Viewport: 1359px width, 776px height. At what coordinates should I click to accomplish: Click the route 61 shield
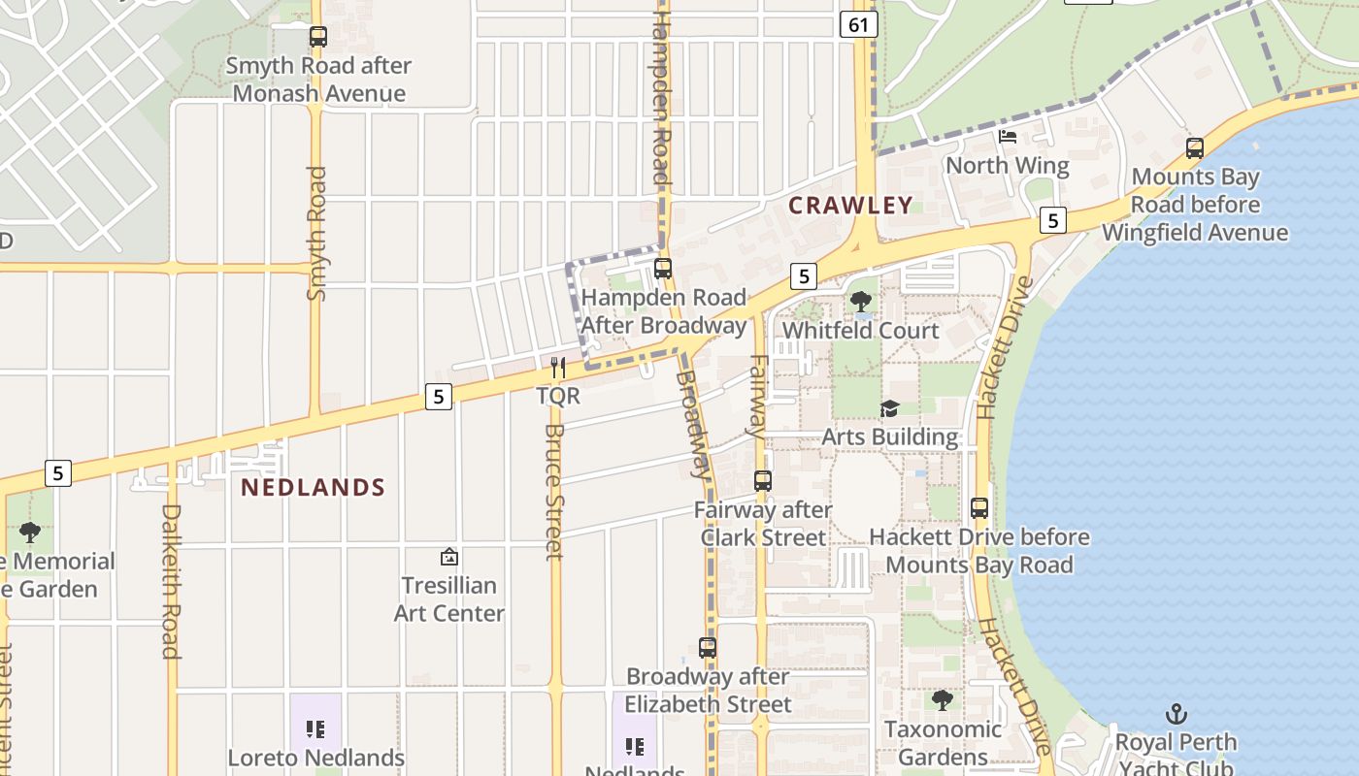(859, 24)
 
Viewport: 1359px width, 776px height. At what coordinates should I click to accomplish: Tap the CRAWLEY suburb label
(850, 205)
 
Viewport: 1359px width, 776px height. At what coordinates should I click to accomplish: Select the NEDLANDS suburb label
(313, 487)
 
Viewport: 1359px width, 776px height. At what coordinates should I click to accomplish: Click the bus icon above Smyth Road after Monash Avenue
(317, 37)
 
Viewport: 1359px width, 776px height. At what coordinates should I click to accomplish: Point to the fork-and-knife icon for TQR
(558, 367)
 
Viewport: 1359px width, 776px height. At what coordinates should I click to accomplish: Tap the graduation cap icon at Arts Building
(889, 408)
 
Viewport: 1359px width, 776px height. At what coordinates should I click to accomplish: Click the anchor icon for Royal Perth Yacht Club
(1176, 715)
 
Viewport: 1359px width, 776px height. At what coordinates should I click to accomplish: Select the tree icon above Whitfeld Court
(860, 302)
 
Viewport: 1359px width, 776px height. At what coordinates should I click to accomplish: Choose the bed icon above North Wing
(1008, 137)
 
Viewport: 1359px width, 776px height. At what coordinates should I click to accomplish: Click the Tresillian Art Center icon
(449, 557)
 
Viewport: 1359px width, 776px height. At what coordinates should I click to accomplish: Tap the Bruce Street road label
(554, 492)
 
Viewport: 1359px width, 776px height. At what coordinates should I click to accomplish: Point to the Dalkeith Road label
(171, 581)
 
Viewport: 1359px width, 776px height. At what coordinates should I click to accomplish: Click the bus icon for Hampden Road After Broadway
(663, 269)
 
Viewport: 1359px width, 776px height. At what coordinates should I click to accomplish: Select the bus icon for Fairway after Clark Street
(763, 480)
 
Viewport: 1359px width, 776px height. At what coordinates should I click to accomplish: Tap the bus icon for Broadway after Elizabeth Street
(708, 647)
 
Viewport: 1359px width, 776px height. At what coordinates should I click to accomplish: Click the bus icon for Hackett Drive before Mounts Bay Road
(979, 507)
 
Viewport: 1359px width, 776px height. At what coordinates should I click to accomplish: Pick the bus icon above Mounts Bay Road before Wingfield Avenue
(1195, 148)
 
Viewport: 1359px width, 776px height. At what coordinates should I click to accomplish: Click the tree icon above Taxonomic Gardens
(942, 699)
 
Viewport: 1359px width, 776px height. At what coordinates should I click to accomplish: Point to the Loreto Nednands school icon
(315, 728)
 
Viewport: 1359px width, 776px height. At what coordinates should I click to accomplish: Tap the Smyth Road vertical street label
(316, 234)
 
